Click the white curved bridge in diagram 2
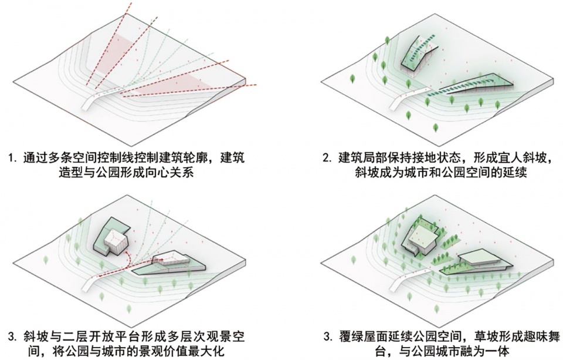tap(411, 97)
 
